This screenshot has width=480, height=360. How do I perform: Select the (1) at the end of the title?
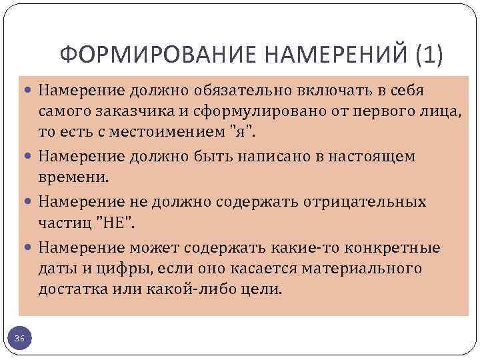427,55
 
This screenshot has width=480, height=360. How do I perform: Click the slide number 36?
20,340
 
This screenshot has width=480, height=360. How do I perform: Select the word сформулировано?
243,111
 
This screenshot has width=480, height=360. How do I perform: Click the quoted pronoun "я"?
241,131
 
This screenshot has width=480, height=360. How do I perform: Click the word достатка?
69,290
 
